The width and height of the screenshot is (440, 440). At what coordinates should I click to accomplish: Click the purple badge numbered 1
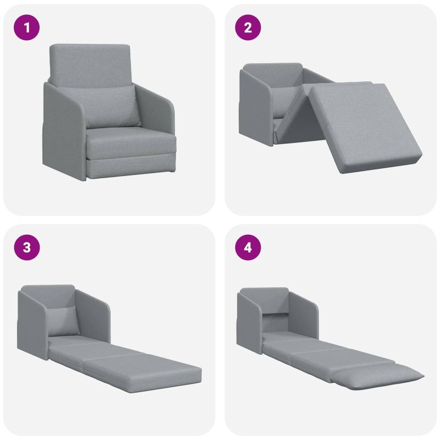26,28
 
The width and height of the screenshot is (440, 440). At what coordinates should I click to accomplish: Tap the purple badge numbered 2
248,28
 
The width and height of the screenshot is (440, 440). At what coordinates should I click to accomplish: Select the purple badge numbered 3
26,248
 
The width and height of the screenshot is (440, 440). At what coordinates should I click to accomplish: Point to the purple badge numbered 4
248,248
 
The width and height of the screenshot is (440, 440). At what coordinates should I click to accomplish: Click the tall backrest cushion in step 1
90,64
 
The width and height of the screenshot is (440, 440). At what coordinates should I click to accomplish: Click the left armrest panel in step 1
64,132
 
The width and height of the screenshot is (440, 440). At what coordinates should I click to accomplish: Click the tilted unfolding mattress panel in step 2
365,127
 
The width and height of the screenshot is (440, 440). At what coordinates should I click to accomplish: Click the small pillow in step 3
63,321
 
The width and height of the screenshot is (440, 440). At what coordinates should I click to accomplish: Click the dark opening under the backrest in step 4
276,323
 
